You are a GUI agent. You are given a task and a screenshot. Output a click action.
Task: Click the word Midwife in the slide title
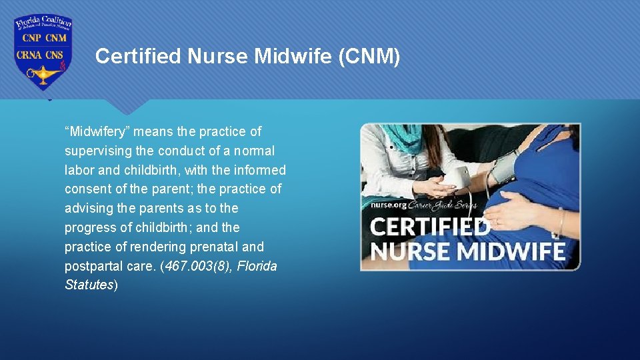tap(293, 57)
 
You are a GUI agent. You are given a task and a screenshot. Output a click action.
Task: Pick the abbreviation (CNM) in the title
tap(369, 57)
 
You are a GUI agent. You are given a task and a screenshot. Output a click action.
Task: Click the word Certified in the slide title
tap(138, 57)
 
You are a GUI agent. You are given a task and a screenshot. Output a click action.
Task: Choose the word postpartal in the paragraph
tap(90, 266)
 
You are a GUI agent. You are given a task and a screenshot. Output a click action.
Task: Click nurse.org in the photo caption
tap(389, 205)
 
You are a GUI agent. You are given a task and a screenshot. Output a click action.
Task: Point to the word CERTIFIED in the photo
tap(430, 227)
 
